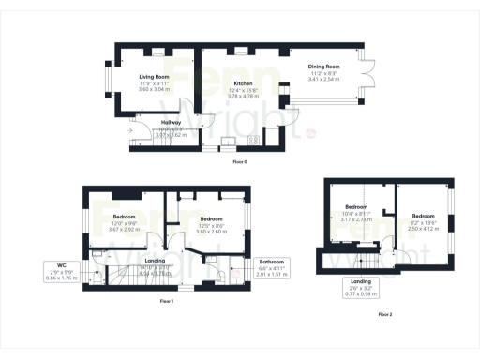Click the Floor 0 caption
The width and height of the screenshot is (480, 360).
[240, 161]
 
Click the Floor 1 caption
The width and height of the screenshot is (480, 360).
[166, 301]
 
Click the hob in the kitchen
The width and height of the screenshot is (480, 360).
[254, 139]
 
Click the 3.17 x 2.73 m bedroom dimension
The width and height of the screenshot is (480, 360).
[357, 219]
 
